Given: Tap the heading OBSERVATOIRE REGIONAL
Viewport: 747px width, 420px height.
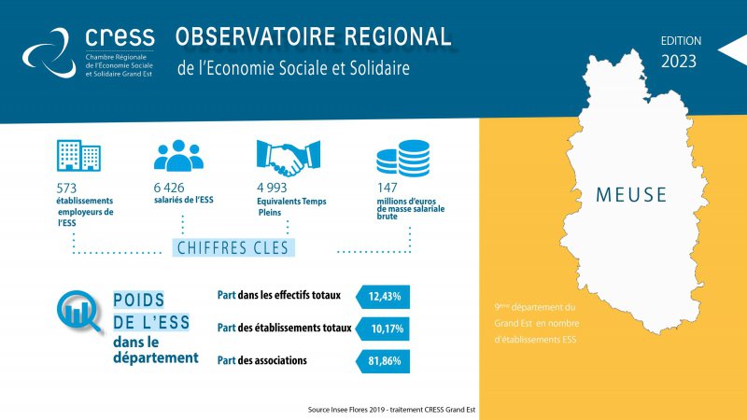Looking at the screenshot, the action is [x=313, y=36].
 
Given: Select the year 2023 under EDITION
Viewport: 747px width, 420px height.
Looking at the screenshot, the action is [x=679, y=62].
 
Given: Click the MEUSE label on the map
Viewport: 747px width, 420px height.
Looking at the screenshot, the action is [x=631, y=195].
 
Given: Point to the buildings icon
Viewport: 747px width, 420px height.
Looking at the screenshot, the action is [x=78, y=155].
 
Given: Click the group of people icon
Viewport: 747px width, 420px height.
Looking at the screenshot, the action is [x=178, y=155].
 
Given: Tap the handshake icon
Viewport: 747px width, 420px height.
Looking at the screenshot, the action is [x=289, y=158].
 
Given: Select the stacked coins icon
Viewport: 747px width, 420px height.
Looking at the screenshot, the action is [x=403, y=158].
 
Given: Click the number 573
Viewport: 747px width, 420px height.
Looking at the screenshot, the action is [x=66, y=189].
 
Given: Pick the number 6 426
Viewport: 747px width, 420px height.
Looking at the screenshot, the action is [x=169, y=188].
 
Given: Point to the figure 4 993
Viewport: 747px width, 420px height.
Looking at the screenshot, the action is [x=272, y=188].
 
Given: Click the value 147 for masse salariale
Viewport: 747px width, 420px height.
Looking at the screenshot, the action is [x=387, y=188].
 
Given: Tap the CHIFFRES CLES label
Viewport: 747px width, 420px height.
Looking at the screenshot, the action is [x=233, y=247].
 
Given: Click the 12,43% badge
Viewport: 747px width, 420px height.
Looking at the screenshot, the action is [x=383, y=297].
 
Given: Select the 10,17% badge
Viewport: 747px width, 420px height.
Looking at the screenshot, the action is [x=383, y=329].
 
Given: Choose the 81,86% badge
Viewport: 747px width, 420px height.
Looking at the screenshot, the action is [x=383, y=361].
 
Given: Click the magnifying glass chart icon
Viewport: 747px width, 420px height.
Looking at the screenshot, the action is [x=79, y=312].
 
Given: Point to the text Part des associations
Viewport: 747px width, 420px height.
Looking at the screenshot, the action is [x=262, y=360].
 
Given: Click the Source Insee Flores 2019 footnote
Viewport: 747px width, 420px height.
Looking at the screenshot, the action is [x=391, y=410].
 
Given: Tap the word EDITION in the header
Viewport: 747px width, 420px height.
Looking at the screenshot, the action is [x=681, y=41].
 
